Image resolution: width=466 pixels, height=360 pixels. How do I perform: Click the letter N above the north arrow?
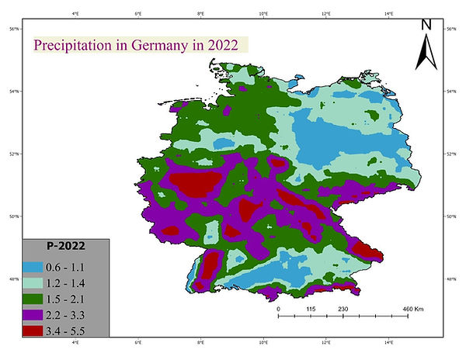pyautogui.click(x=426, y=24)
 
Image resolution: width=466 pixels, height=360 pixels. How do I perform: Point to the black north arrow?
pyautogui.click(x=426, y=53)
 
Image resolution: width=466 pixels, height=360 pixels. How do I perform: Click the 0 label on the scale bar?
pyautogui.click(x=278, y=309)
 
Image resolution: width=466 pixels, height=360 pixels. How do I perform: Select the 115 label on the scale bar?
pyautogui.click(x=311, y=309)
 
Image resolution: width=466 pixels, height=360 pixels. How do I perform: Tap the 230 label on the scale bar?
pyautogui.click(x=343, y=309)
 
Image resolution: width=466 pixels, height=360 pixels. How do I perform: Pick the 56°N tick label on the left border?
pyautogui.click(x=14, y=29)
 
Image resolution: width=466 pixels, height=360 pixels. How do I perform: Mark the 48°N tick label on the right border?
pyautogui.click(x=451, y=279)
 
